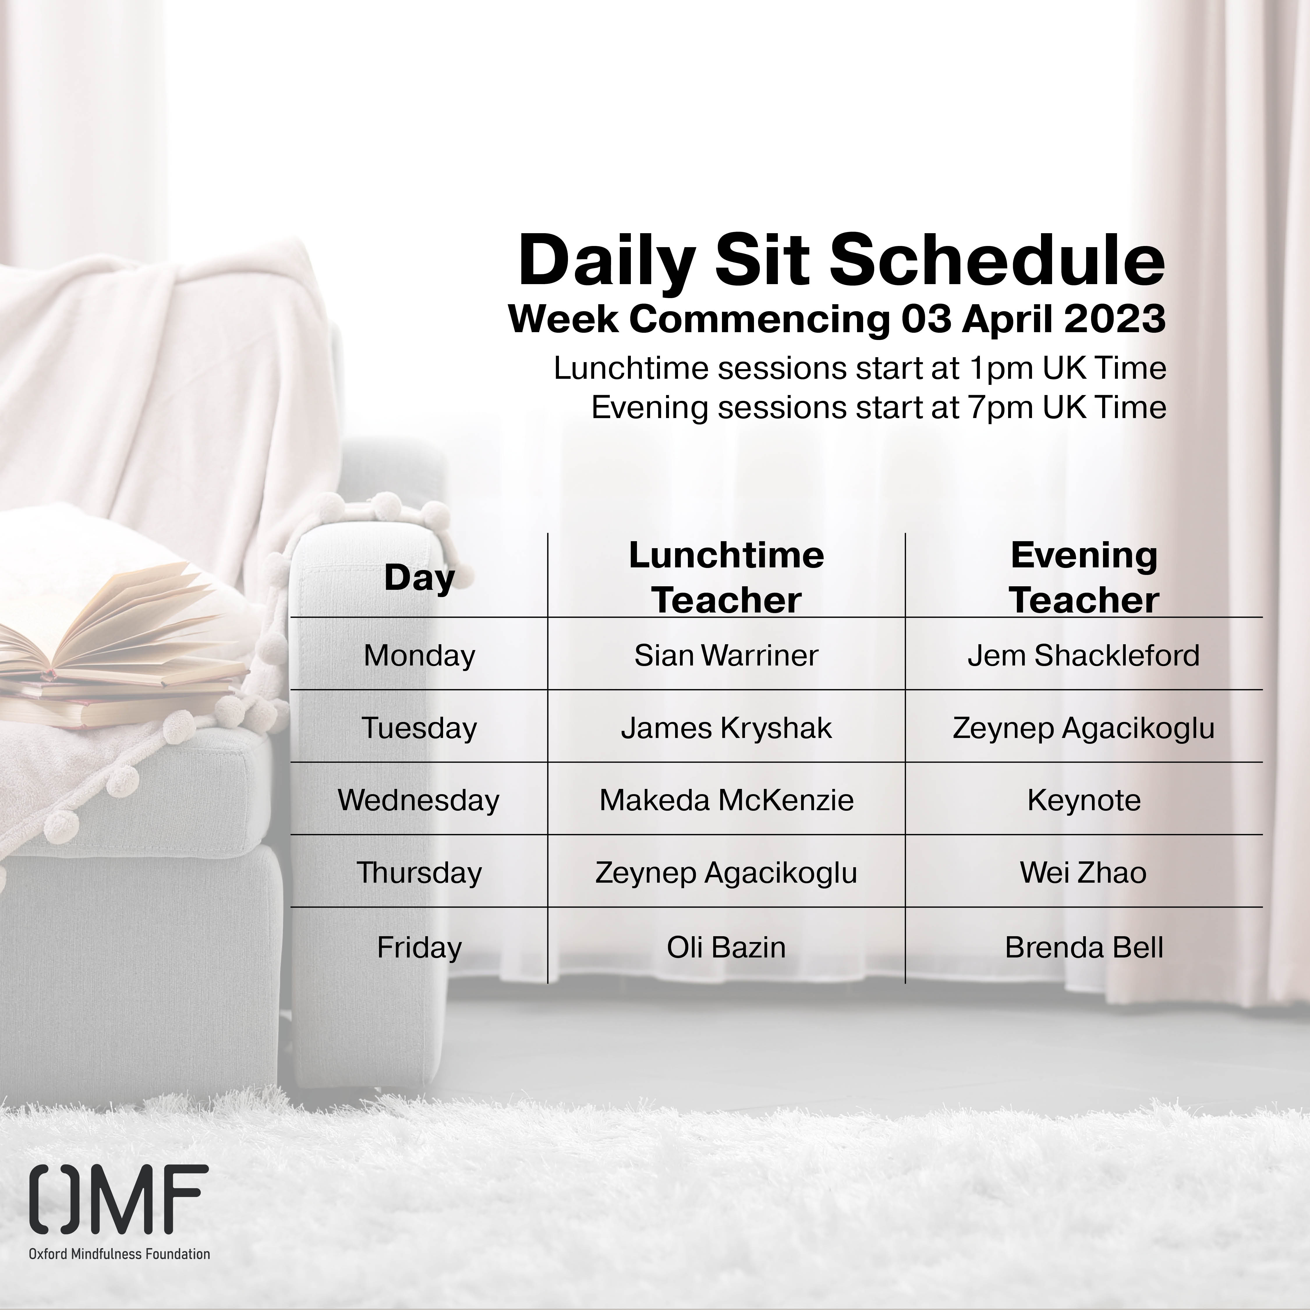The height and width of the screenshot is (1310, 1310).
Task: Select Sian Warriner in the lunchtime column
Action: point(726,655)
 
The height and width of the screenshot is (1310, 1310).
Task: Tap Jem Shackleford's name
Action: point(1084,655)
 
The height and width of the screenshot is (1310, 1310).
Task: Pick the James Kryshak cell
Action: point(726,727)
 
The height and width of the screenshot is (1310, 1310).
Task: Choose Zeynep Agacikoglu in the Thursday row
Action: point(726,873)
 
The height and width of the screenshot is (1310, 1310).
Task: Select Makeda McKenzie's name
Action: point(726,800)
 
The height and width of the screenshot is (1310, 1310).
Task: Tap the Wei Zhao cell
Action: point(1084,873)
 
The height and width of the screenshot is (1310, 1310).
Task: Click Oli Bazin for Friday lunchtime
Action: point(726,947)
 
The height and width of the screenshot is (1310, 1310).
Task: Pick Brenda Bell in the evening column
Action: point(1084,947)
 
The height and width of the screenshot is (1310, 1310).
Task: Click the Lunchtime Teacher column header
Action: point(726,578)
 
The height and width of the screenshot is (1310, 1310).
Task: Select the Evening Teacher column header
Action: point(1084,578)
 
